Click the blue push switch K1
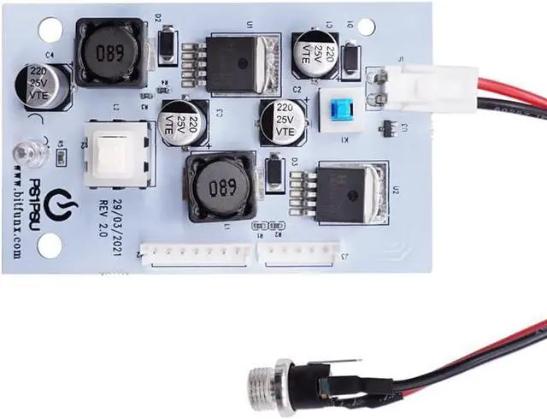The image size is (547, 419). pyautogui.click(x=341, y=109)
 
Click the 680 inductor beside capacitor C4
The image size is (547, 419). pyautogui.click(x=107, y=53)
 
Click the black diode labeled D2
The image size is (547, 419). pyautogui.click(x=168, y=44)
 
